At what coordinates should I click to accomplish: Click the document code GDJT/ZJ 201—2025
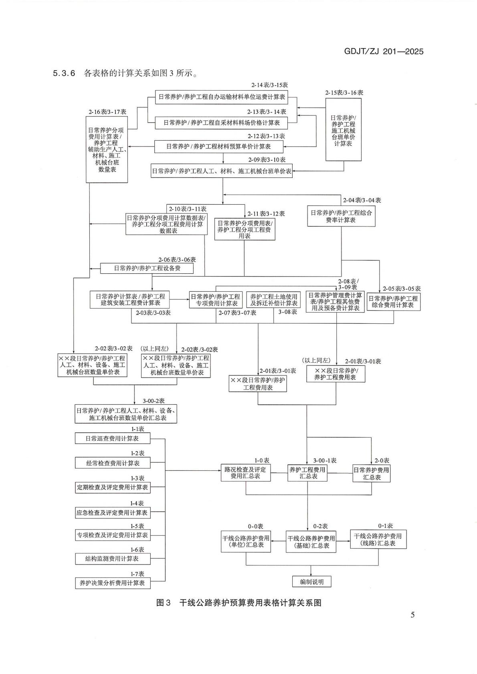coord(384,51)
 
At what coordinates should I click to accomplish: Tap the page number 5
coord(412,614)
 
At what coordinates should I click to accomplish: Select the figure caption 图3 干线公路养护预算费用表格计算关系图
coord(239,603)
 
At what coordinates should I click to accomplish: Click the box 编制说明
coord(312,581)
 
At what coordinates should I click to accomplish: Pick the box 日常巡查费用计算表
coord(113,438)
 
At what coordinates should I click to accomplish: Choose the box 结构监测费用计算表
coord(113,559)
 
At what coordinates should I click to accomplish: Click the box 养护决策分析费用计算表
coord(113,583)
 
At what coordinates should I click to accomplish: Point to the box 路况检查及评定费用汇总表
coord(246,473)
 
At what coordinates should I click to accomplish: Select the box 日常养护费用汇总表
coord(371,474)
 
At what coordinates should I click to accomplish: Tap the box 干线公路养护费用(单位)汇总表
coord(246,542)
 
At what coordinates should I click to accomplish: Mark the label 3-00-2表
coord(154,401)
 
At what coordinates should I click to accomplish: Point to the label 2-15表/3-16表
coord(344,93)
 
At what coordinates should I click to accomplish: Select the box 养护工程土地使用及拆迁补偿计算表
coord(273,300)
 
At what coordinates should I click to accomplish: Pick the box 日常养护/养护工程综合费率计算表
coord(341,216)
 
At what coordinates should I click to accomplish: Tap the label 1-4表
coord(137,503)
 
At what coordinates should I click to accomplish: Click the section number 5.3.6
coord(64,73)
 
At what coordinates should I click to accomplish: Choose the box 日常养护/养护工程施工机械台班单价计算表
coord(344,130)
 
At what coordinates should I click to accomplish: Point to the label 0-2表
coord(321,526)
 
